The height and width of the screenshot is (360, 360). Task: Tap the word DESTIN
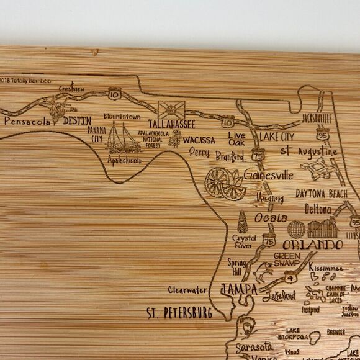(77, 120)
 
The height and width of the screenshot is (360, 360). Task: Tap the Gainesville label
(268, 175)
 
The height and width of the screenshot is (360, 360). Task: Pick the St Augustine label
(308, 151)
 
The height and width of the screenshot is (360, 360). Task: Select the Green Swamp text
(287, 259)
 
